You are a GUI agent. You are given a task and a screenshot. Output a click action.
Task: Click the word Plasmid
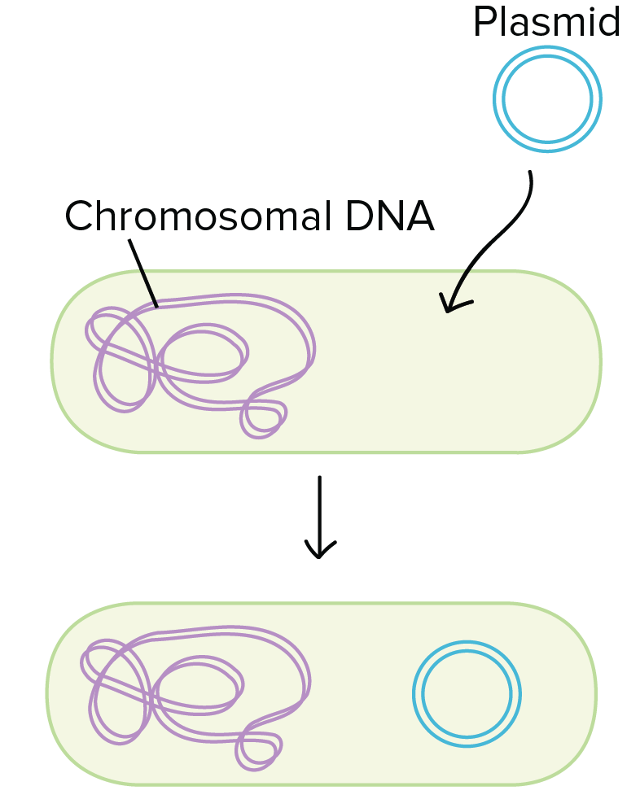tap(546, 22)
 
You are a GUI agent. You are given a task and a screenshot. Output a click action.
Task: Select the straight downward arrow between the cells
tap(319, 513)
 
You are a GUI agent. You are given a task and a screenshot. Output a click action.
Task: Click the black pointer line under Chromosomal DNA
tap(142, 273)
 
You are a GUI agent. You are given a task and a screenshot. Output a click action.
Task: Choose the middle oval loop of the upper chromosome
tap(204, 354)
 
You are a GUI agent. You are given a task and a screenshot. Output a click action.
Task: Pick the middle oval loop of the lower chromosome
tap(197, 688)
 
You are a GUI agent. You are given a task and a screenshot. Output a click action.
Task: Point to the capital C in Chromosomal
tap(79, 216)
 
